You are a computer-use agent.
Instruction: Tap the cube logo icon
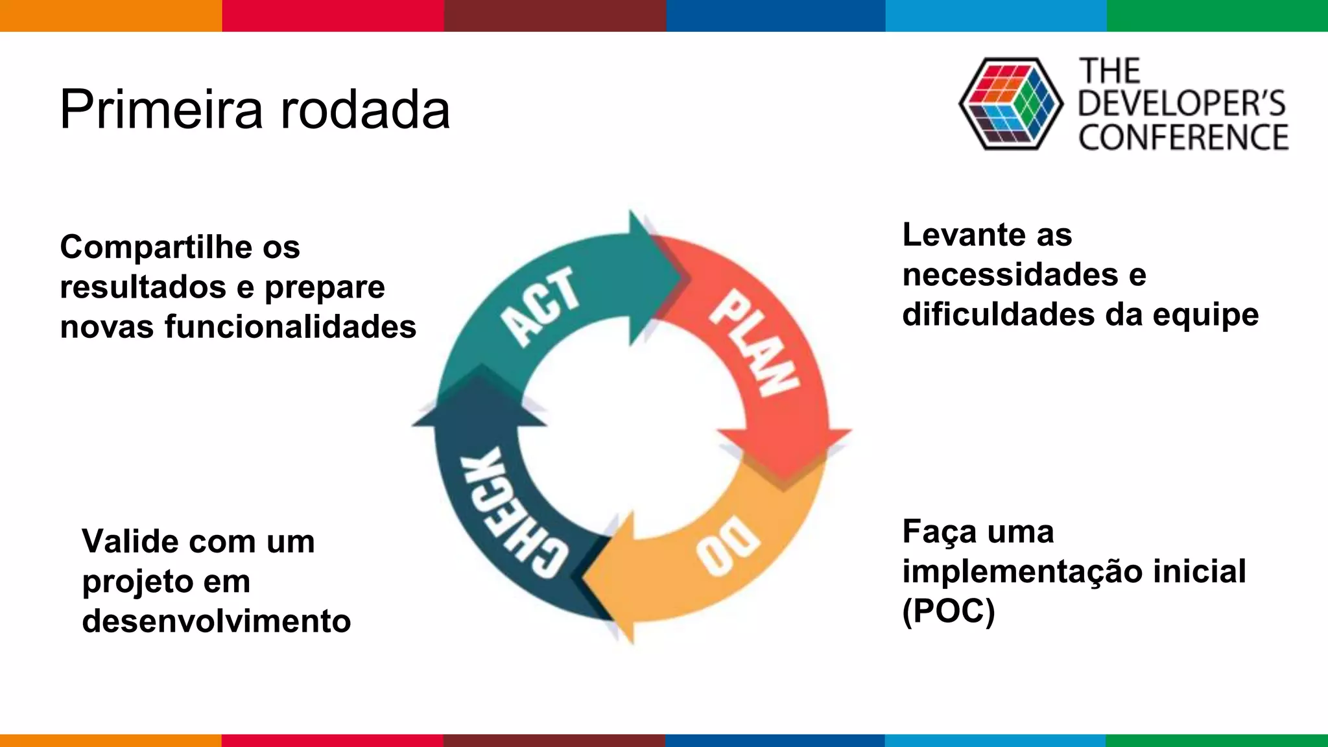(1010, 104)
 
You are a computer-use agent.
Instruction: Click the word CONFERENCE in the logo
(1183, 137)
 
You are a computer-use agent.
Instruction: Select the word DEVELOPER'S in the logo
(1181, 104)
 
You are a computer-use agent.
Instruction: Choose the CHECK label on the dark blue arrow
(512, 512)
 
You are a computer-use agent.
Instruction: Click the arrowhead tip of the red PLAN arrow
(785, 483)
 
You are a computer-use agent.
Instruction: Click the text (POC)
(948, 611)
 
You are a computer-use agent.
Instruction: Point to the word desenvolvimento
(216, 621)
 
